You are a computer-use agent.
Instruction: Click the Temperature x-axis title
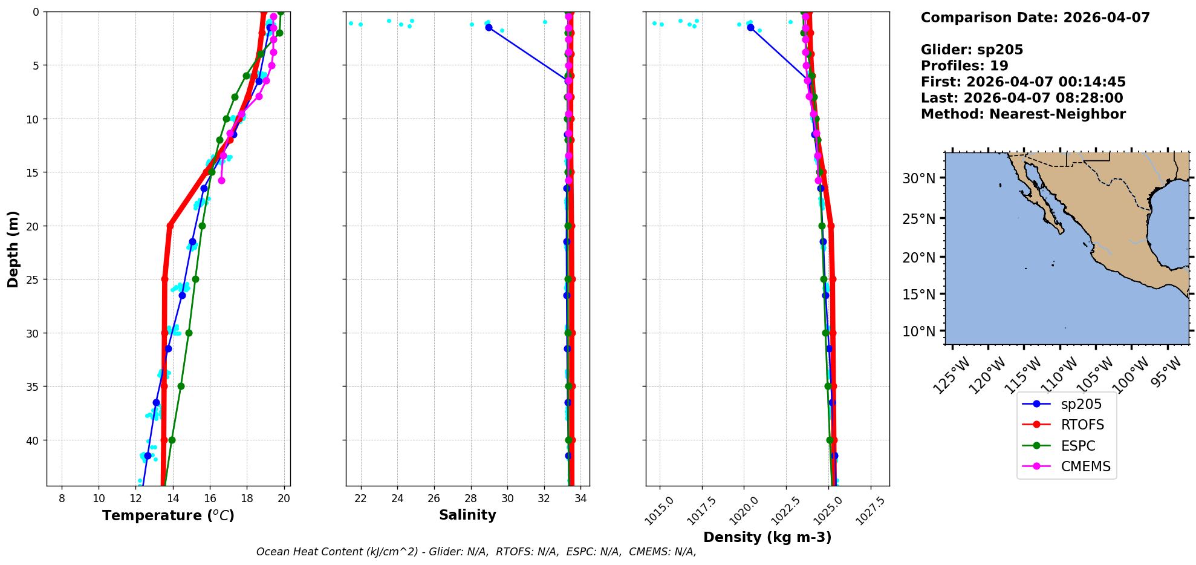[x=168, y=515]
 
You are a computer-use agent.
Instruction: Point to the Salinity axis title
[x=467, y=515]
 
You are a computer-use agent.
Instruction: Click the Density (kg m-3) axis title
[x=767, y=537]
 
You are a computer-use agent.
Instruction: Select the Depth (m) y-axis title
[x=13, y=249]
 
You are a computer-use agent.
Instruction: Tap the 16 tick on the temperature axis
[x=210, y=498]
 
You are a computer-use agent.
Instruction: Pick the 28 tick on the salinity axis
[x=471, y=498]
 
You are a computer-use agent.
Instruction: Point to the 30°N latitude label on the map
[x=919, y=178]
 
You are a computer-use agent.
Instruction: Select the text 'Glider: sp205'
[x=972, y=50]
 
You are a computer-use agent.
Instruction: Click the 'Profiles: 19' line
[x=964, y=66]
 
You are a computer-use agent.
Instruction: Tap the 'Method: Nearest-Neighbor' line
[x=1023, y=114]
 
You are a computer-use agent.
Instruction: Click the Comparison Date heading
[x=1035, y=18]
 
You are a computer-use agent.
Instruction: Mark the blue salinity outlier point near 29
[x=489, y=27]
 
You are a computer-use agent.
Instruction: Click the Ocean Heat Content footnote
[x=476, y=552]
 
